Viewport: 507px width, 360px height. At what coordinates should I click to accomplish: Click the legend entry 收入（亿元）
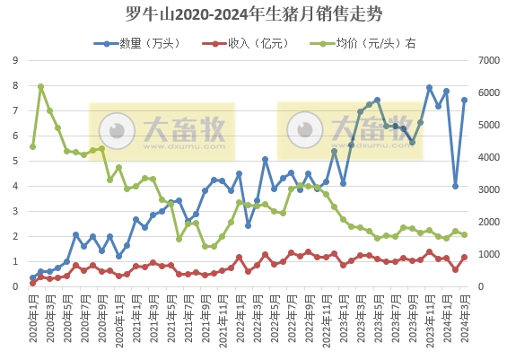pos(241,42)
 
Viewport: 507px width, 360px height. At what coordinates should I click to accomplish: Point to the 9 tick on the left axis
pos(15,60)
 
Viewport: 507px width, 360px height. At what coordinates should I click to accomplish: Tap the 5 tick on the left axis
pos(15,161)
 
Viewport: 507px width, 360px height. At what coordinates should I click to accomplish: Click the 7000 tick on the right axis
pos(488,60)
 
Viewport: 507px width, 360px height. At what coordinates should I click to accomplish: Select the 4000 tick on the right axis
pos(488,157)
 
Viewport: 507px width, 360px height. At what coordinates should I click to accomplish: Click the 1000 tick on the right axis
pos(488,254)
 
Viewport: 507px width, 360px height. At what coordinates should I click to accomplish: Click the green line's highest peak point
pos(41,86)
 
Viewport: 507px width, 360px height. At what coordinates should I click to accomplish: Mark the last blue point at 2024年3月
pos(465,100)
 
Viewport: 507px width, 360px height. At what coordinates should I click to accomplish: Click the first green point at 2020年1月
pos(33,146)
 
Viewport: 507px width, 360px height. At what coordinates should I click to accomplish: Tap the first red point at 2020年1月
pos(33,283)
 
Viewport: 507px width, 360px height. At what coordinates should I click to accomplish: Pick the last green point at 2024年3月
pos(465,235)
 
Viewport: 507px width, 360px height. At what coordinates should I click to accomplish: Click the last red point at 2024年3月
pos(465,258)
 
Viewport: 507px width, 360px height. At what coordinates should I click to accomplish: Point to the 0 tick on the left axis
pos(15,286)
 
